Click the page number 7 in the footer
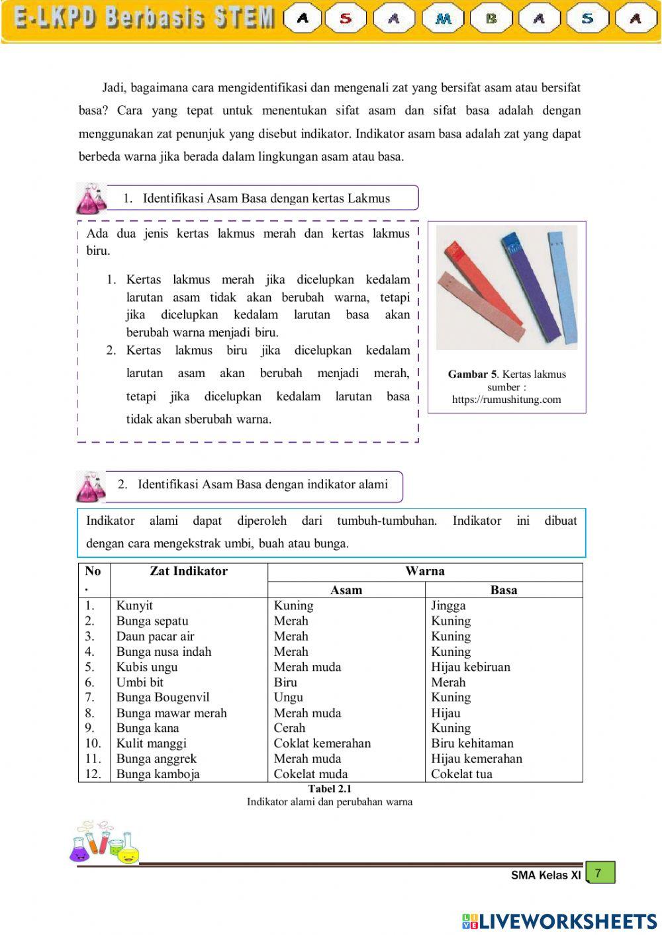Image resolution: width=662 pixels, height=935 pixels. coord(598,873)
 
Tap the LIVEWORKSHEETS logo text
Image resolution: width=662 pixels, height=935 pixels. coord(559,921)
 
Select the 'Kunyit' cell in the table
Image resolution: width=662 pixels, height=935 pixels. coord(134,605)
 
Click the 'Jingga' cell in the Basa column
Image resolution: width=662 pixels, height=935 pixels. coord(448,605)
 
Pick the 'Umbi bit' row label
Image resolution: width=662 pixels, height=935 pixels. coord(140,682)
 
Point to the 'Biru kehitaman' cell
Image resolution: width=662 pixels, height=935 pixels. coord(472,743)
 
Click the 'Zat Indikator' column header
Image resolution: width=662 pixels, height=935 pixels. coord(189,571)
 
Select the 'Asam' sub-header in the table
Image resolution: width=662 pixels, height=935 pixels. coord(346,590)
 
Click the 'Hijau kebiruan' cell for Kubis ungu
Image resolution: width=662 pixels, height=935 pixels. coord(471,667)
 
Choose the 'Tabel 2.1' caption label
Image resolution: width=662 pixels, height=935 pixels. coord(330,789)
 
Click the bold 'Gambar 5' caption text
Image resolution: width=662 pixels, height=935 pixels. coord(472,375)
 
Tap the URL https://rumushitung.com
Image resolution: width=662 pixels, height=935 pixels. coord(506,400)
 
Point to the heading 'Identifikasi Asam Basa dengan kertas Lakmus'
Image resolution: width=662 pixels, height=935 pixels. coord(266,199)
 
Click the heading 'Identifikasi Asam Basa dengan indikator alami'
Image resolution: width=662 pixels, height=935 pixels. coord(262,484)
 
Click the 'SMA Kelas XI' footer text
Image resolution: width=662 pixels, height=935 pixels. coord(545,875)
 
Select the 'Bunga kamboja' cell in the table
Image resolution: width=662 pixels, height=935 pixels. coord(158,774)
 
